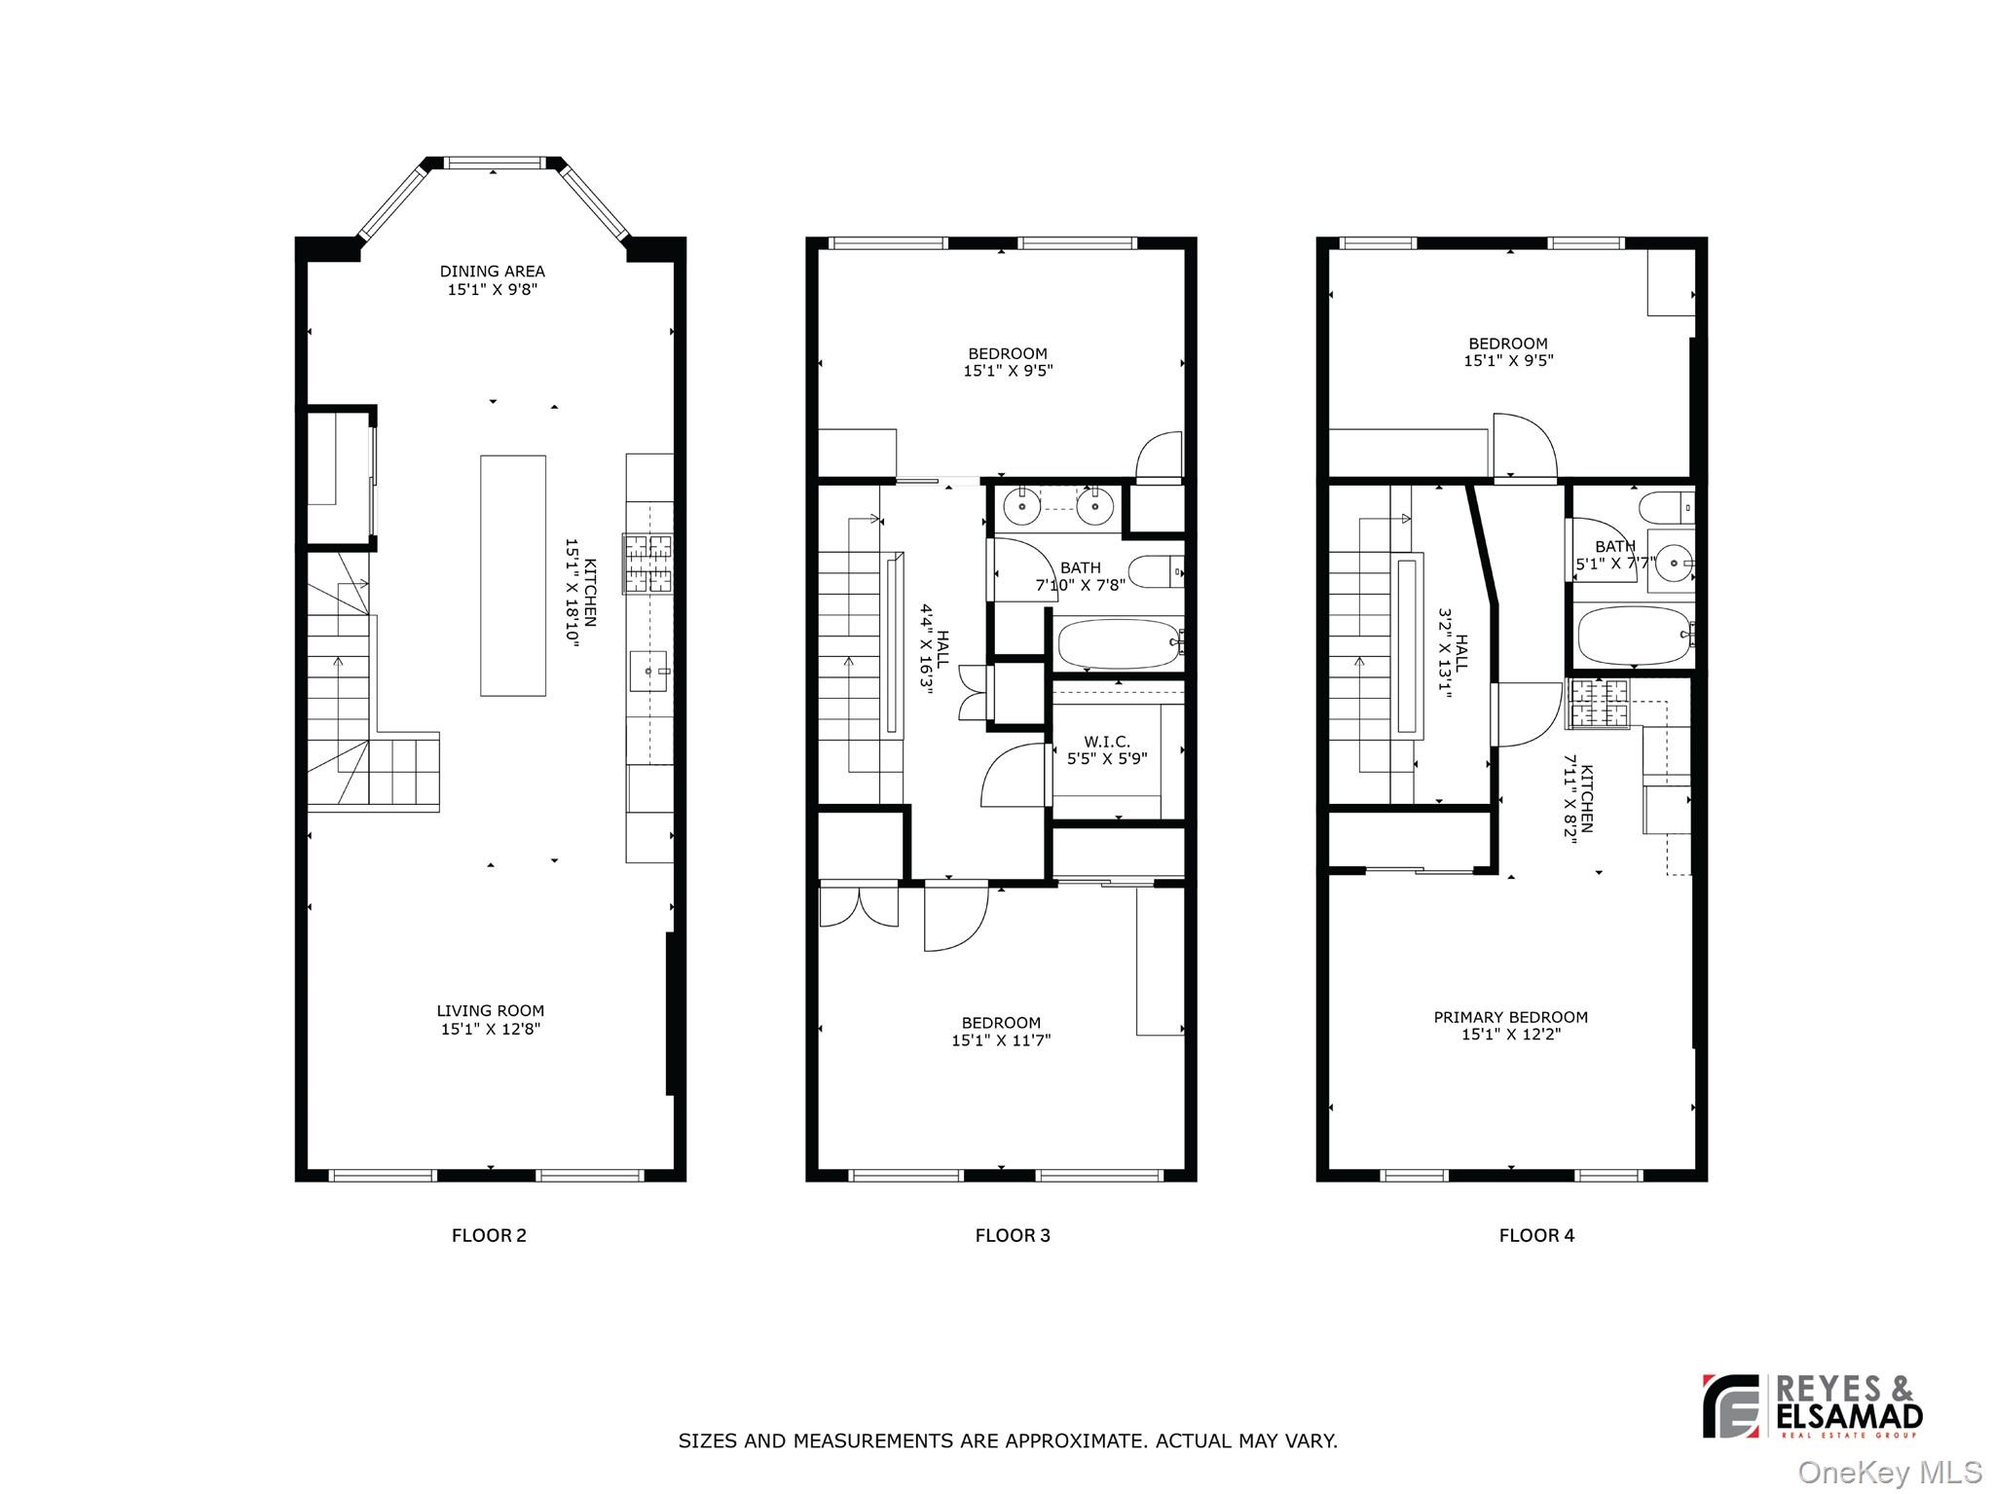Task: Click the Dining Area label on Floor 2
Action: click(x=492, y=272)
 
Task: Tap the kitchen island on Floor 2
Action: click(x=512, y=575)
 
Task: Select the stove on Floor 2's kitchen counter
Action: click(x=648, y=564)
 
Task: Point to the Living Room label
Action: click(x=490, y=1011)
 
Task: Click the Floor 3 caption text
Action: click(x=1013, y=1235)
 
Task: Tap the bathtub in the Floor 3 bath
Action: click(x=1119, y=643)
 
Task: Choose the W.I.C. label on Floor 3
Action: click(x=1106, y=742)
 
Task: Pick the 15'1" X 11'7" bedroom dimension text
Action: click(x=1001, y=1040)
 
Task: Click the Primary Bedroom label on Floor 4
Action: click(x=1510, y=1017)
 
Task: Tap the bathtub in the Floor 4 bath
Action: click(x=1634, y=636)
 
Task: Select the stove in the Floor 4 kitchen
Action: click(x=1598, y=704)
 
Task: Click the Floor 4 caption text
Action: click(x=1536, y=1235)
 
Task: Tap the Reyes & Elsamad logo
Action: click(x=1812, y=1406)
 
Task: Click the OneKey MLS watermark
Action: click(x=1889, y=1473)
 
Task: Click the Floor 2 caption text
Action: click(x=489, y=1235)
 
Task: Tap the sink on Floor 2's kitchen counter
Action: click(x=649, y=671)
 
